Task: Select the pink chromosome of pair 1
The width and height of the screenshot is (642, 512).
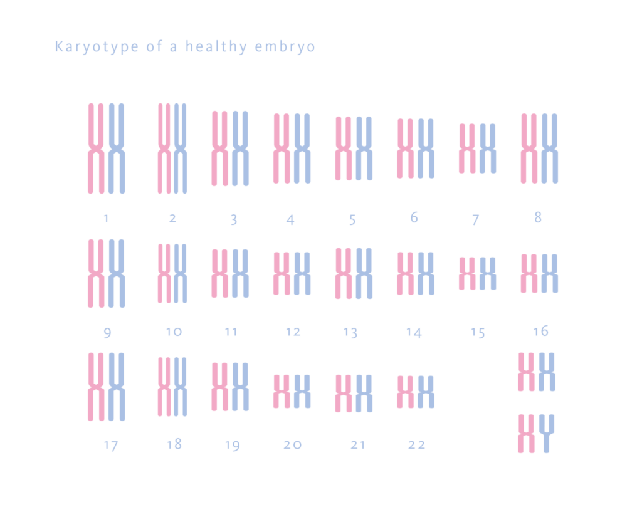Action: tap(96, 149)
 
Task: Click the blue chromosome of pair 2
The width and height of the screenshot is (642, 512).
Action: tap(181, 149)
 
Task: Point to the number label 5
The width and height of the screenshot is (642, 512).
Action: tap(352, 220)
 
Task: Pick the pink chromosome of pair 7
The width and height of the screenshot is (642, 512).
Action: tap(468, 149)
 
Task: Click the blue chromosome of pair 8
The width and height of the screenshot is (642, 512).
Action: tap(549, 149)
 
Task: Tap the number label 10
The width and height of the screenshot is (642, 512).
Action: tap(174, 332)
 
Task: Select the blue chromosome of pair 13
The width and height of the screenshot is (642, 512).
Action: tap(364, 273)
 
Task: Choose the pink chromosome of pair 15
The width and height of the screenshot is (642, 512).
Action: tap(468, 274)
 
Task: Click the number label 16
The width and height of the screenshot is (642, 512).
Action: tap(540, 331)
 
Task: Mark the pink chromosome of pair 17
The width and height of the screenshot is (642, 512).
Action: tap(96, 387)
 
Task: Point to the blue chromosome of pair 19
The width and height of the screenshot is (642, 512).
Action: tap(241, 387)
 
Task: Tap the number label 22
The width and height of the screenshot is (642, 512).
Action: tap(416, 445)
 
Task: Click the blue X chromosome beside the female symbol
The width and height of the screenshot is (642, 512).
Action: tap(547, 372)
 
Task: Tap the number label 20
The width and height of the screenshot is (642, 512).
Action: tap(292, 445)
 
